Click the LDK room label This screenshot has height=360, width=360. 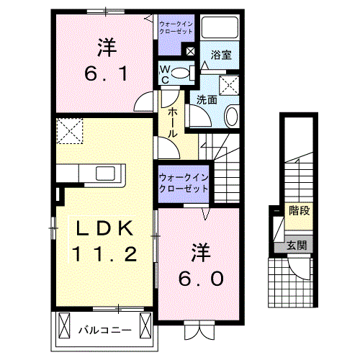[105, 228]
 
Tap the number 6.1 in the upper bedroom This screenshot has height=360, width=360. [106, 73]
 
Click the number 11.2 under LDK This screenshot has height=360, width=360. [104, 254]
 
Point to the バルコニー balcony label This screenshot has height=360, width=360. [105, 330]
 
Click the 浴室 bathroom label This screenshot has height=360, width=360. [221, 55]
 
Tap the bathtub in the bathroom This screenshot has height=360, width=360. [220, 27]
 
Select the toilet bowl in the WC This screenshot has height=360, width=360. [181, 73]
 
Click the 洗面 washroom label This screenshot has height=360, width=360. [207, 99]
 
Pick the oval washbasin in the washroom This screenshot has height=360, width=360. [232, 117]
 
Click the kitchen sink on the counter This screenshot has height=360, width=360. [105, 174]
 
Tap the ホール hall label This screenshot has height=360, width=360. [172, 122]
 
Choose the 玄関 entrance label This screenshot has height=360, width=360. [297, 246]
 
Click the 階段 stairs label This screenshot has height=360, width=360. [300, 210]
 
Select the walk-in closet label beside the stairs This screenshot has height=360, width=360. [184, 183]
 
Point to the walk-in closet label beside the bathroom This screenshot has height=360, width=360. [176, 27]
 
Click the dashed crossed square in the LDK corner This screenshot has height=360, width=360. [70, 131]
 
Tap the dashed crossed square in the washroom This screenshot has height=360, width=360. [229, 85]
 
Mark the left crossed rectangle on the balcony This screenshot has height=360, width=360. [64, 325]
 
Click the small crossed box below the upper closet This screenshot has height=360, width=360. [190, 51]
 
